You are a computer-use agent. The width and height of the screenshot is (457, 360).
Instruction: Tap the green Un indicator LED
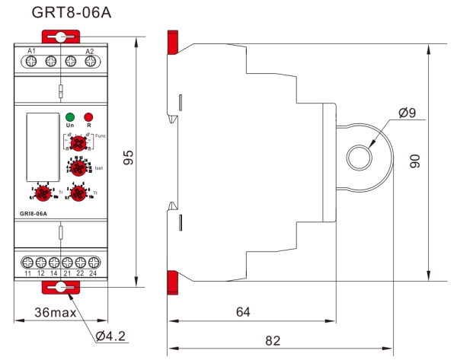tap(70, 116)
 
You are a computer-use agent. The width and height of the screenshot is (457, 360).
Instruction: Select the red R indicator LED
tap(88, 116)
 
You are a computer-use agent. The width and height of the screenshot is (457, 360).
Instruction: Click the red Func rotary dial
tap(78, 142)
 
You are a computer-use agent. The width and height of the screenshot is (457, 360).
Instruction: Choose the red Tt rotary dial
tap(78, 194)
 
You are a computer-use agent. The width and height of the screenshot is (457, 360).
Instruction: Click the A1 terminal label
tap(32, 50)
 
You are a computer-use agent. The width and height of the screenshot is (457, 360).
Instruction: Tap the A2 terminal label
tap(89, 50)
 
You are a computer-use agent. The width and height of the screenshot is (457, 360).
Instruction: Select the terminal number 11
tap(28, 272)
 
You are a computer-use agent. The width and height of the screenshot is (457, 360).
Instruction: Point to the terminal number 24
tap(94, 272)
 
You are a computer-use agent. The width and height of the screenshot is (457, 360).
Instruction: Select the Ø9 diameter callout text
tap(406, 113)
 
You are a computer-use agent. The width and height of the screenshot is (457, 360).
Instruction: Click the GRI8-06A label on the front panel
tap(34, 213)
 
